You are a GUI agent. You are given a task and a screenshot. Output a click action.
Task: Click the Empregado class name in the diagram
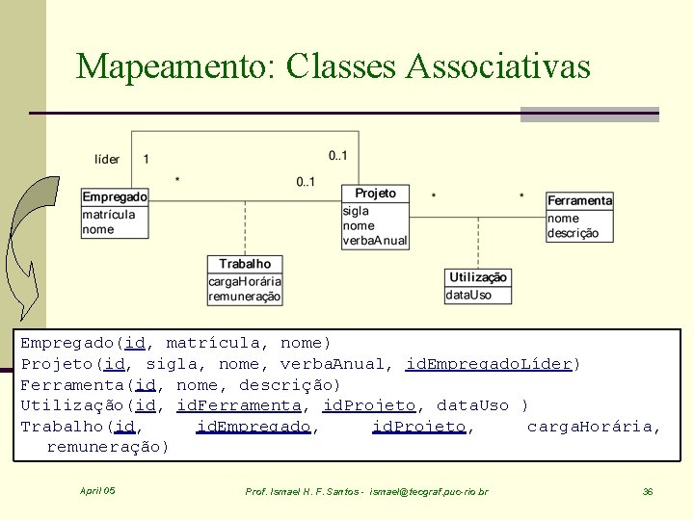pos(115,196)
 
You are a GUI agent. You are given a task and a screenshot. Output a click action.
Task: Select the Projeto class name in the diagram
pos(375,194)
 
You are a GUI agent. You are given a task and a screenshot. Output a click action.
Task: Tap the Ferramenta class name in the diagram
pos(579,200)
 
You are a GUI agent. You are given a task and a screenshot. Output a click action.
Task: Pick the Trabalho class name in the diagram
pos(245,264)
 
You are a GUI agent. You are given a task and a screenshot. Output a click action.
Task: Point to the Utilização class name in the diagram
pos(477,277)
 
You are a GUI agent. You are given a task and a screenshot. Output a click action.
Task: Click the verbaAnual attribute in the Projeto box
pos(375,240)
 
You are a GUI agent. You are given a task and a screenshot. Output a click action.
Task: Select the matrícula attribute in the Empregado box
pos(109,215)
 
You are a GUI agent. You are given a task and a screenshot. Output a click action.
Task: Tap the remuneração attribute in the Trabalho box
pos(245,298)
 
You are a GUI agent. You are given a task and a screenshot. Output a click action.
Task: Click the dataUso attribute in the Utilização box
pos(468,295)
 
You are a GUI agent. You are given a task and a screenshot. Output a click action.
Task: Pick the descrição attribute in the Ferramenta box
pos(573,233)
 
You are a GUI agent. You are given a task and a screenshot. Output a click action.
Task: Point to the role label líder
pos(107,159)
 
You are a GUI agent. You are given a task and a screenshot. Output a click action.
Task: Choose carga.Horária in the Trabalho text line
pos(593,427)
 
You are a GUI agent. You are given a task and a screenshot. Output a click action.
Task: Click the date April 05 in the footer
pos(97,491)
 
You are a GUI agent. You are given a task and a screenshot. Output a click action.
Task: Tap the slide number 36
pos(648,492)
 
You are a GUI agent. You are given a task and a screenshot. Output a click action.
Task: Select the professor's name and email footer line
pos(366,492)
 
